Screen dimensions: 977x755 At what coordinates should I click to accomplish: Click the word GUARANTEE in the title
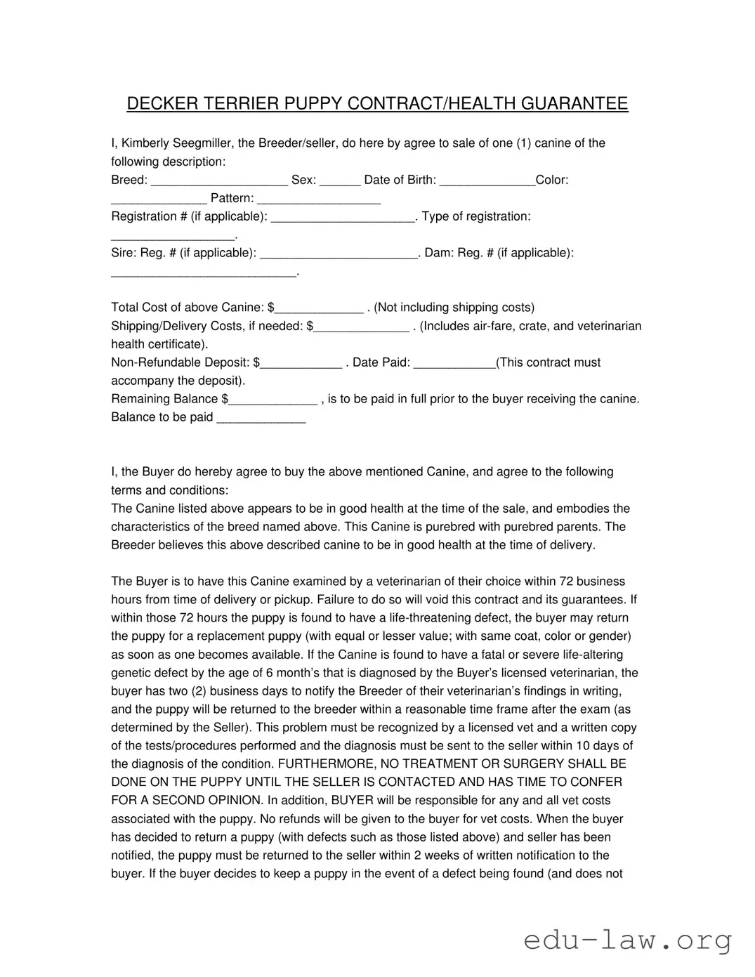coord(574,104)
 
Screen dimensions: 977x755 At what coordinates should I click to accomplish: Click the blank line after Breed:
coord(219,181)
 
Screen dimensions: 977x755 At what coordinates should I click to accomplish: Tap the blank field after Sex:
coord(340,181)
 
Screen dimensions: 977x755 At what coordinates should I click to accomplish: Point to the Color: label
coord(552,180)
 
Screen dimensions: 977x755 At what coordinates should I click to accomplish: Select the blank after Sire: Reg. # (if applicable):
coord(339,254)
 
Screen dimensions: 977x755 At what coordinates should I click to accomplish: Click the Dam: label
coord(439,253)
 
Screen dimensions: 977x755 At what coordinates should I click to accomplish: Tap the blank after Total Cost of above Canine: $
coord(320,309)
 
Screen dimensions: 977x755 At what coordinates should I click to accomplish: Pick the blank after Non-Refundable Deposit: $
coord(301,364)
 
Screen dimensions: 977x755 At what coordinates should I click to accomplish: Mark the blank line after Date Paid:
coord(454,364)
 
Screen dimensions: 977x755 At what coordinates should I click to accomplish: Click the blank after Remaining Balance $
coord(273,400)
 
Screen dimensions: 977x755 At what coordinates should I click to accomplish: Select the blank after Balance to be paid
coord(261,419)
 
